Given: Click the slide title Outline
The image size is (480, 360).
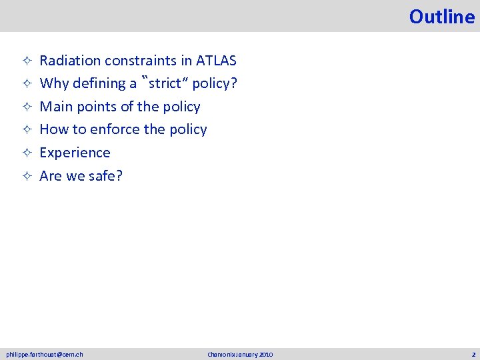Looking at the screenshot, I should [x=442, y=17].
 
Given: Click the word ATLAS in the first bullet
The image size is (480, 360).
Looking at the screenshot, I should [x=217, y=61].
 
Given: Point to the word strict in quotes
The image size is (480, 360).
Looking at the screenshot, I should [x=167, y=83].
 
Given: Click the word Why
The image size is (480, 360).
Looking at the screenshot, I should [x=53, y=83].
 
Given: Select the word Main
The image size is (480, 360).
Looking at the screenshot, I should [x=55, y=107].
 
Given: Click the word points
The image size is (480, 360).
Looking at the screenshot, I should [x=95, y=107].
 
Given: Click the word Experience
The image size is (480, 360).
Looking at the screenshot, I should [x=75, y=153].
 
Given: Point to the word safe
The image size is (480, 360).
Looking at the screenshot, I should [x=104, y=176].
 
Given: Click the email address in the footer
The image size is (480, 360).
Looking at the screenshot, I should [x=45, y=354].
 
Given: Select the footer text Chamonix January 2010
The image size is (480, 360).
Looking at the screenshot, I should [x=240, y=354].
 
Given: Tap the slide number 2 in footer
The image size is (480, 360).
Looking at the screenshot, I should [x=473, y=354].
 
